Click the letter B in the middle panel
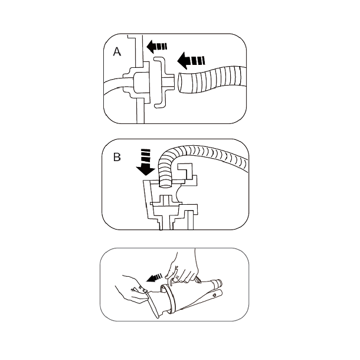pos(117,157)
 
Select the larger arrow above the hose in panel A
pos(192,60)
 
